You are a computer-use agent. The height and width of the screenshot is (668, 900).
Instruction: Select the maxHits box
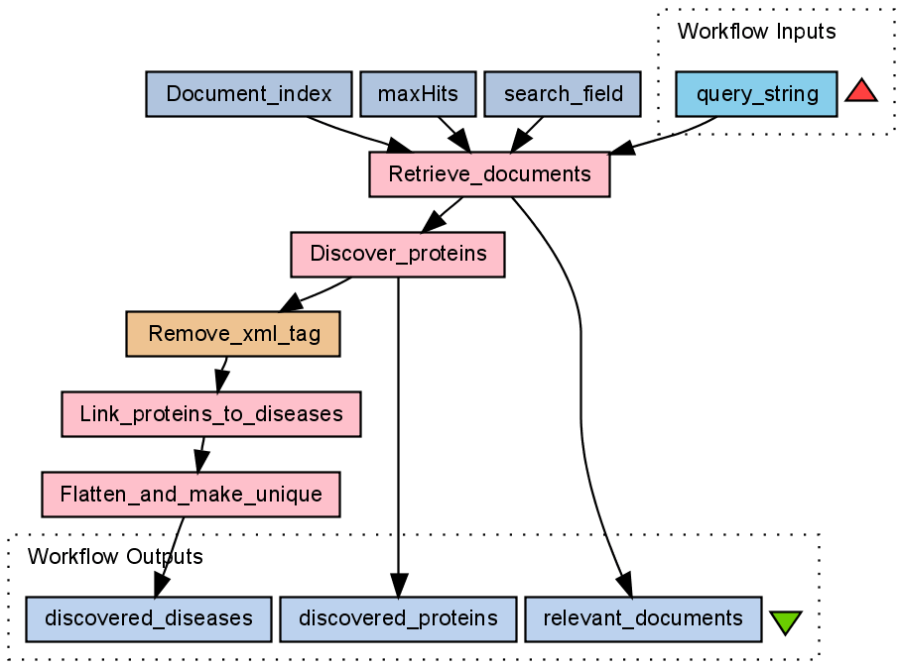tap(418, 95)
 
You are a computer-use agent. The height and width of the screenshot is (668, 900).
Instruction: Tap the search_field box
tap(564, 95)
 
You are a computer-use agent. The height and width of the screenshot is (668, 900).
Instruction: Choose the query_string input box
tap(757, 95)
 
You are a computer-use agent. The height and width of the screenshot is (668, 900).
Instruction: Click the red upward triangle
tap(861, 92)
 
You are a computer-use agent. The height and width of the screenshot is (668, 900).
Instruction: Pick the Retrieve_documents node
tap(489, 175)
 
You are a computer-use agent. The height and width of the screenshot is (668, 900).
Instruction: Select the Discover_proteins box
tap(398, 254)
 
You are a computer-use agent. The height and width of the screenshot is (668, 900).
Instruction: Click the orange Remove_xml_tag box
tap(233, 334)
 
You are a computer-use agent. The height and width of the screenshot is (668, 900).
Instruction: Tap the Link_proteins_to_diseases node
tap(210, 413)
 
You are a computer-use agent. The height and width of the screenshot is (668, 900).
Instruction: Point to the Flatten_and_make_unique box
tap(191, 494)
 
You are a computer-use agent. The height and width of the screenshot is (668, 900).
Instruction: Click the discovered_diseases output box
tap(147, 618)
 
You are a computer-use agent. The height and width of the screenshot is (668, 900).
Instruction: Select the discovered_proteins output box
tap(398, 618)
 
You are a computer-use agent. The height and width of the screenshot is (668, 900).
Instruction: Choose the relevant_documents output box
tap(643, 618)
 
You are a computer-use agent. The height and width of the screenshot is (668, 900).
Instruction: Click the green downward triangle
tap(785, 622)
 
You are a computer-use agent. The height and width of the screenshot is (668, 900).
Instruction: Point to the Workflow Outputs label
tap(114, 556)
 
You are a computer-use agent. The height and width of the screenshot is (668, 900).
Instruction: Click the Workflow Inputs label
tap(756, 31)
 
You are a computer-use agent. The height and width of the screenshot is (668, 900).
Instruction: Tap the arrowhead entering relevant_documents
tap(624, 586)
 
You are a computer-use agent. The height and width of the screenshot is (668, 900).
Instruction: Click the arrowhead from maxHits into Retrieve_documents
tap(459, 142)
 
